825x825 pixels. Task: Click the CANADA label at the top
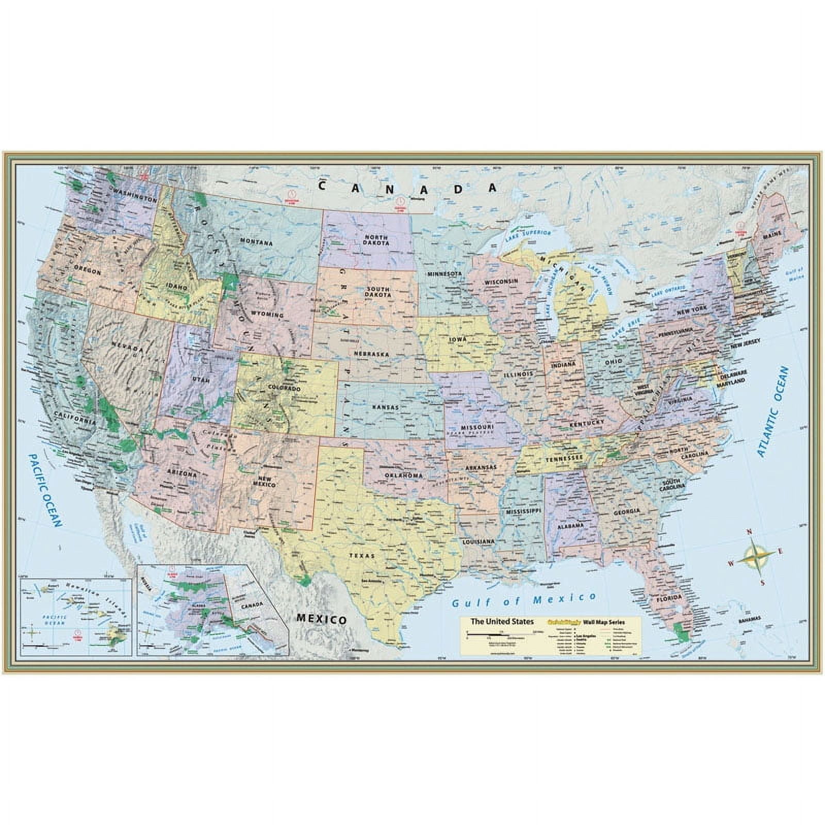click(x=407, y=187)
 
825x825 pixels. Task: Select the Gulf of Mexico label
click(x=523, y=600)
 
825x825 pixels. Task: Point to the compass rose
click(x=754, y=557)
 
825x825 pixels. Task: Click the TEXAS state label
click(x=362, y=556)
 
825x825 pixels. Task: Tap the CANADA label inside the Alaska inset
click(x=251, y=604)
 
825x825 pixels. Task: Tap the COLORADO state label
click(x=284, y=388)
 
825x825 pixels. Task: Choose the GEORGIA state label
click(x=626, y=511)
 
